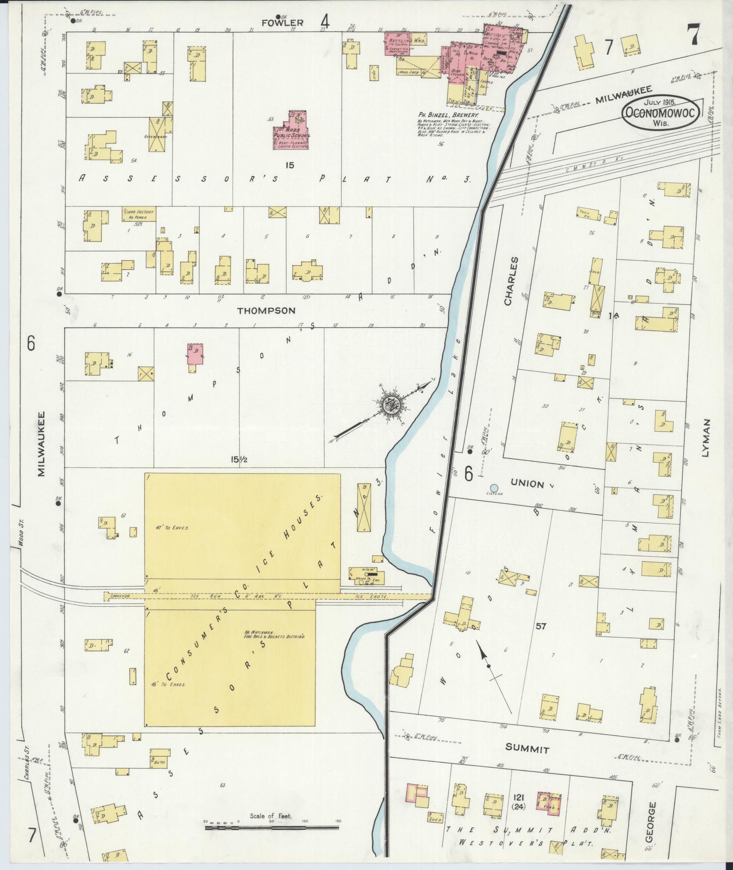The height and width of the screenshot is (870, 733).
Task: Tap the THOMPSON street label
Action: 266,311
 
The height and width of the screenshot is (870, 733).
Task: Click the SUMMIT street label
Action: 528,749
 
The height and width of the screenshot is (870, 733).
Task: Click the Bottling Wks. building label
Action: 412,41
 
